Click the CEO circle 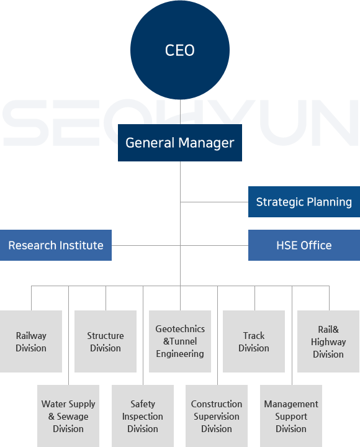[180, 50]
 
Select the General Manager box [180, 143]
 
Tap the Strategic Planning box [304, 202]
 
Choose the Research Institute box [56, 245]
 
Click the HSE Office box [304, 245]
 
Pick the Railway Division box [31, 341]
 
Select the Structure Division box [106, 341]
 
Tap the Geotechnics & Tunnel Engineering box [180, 341]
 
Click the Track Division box [254, 341]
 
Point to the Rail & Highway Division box [328, 341]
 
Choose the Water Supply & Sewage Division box [68, 416]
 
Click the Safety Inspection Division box [143, 416]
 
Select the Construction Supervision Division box [217, 416]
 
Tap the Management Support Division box [291, 416]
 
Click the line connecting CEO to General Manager [180, 112]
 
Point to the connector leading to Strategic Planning [214, 202]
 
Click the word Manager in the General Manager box [206, 143]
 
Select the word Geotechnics [180, 329]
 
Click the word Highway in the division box [328, 342]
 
